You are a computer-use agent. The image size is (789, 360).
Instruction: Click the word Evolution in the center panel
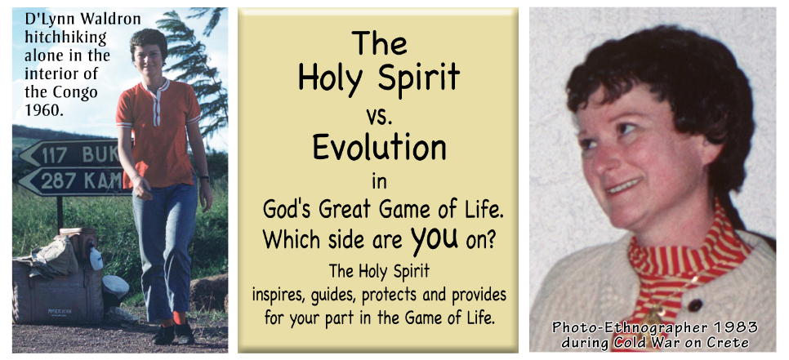tap(379, 148)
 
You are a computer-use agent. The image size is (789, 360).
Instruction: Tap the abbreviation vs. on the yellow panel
tap(379, 118)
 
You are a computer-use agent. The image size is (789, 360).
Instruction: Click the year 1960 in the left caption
tap(44, 109)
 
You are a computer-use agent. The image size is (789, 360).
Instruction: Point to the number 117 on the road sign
tap(54, 155)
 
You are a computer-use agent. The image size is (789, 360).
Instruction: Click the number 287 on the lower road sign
tap(57, 180)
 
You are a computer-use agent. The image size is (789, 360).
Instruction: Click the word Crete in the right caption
tap(729, 343)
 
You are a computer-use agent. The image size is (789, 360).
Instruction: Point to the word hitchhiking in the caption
tap(65, 38)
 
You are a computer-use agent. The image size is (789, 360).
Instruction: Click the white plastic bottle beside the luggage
tap(96, 258)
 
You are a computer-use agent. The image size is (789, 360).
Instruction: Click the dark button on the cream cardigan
tap(695, 305)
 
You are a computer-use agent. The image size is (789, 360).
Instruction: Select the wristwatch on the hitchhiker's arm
tap(203, 178)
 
